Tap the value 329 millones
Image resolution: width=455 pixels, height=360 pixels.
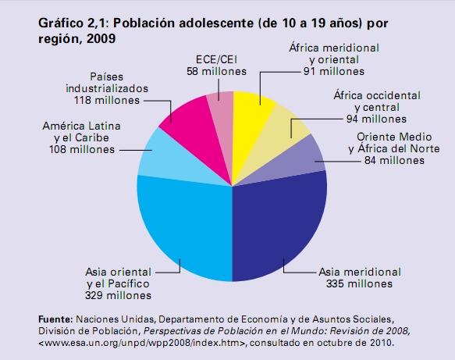coord(119,295)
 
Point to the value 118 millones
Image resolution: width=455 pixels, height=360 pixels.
coord(107,100)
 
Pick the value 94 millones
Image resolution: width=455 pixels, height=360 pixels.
coord(376,119)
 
